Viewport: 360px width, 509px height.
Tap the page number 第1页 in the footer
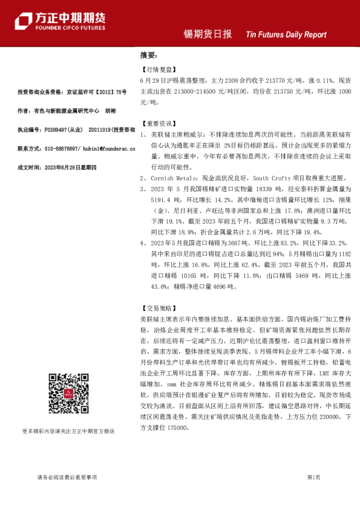point(313,477)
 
